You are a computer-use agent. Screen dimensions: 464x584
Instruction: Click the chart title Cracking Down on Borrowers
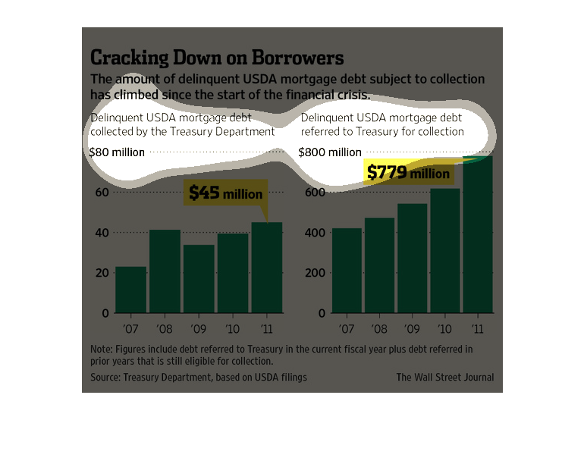point(217,58)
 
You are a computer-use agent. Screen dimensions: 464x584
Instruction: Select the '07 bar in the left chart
point(130,290)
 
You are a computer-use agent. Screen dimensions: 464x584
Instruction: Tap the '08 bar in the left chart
point(165,271)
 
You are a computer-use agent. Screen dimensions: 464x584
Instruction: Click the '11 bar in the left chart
point(267,267)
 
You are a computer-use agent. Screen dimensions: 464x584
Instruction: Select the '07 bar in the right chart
point(346,270)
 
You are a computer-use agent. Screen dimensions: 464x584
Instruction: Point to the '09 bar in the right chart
point(412,258)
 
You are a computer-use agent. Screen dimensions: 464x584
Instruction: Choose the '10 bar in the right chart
point(444,250)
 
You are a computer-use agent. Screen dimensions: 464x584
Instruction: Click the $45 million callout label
point(225,193)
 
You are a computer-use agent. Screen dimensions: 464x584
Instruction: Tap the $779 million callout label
point(408,174)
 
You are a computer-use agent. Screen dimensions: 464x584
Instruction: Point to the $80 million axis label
point(117,152)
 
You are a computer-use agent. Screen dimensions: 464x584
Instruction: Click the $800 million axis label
point(329,152)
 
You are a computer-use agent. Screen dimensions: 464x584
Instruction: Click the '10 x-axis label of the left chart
point(233,329)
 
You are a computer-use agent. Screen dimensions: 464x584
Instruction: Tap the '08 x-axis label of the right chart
point(379,329)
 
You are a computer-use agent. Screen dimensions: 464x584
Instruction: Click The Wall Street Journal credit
point(444,377)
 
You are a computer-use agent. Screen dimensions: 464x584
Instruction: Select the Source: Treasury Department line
point(199,377)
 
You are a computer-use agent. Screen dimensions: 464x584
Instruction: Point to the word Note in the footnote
point(101,349)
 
